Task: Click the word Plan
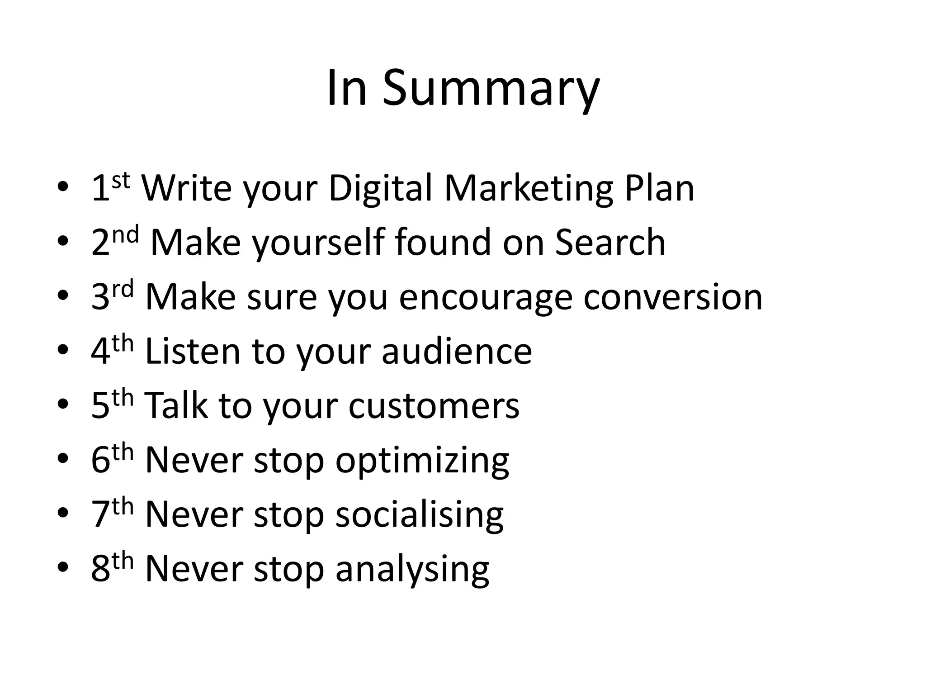coord(659,188)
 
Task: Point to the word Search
coord(610,243)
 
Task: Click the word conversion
coord(673,298)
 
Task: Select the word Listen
coord(193,351)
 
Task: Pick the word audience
coord(457,352)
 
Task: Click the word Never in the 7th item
coord(194,514)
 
